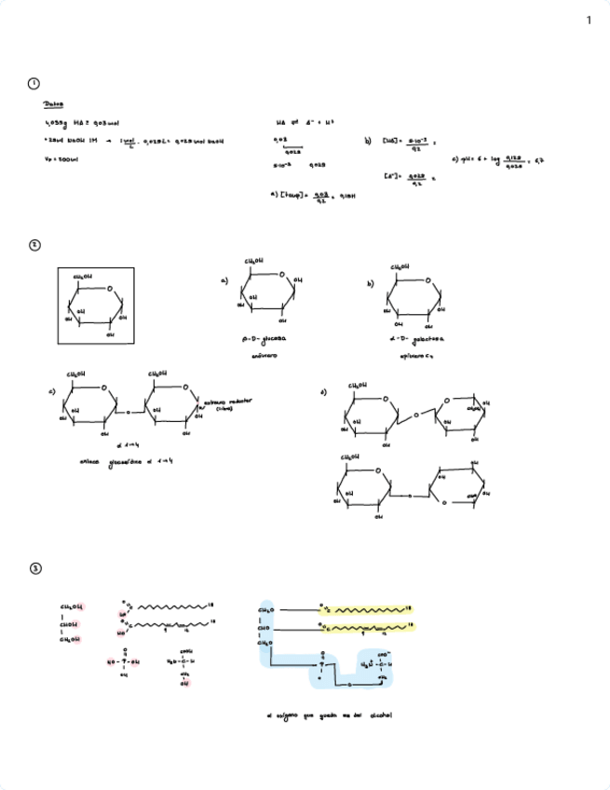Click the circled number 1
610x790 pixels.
click(x=34, y=84)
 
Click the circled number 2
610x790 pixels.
click(x=34, y=245)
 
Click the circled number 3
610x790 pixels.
click(x=34, y=568)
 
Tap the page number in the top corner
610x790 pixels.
click(x=589, y=20)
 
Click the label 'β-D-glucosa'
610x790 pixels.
click(x=264, y=343)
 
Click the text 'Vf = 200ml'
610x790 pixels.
click(x=62, y=160)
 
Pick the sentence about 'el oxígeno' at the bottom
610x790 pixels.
click(x=331, y=716)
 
